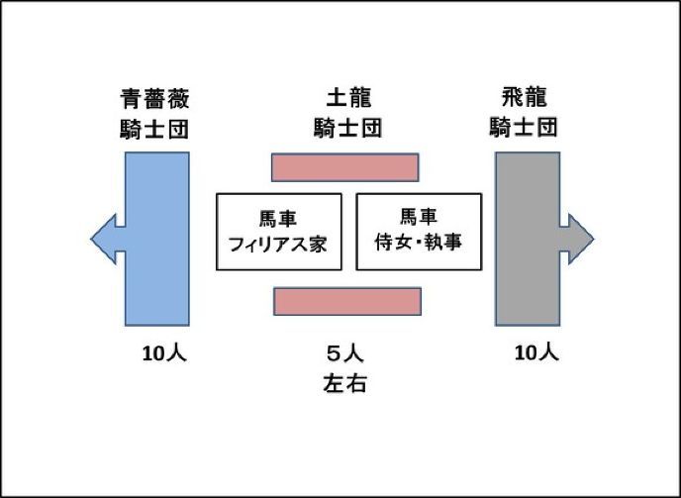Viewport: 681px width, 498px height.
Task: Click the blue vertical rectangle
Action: (x=157, y=238)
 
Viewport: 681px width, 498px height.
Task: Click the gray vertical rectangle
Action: (x=528, y=238)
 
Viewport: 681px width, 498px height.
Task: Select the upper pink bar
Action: (x=344, y=167)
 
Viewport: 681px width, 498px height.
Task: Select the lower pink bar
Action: (x=347, y=301)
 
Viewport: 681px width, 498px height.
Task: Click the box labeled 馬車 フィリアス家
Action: (x=278, y=232)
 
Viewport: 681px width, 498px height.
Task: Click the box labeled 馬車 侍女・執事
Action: (x=418, y=232)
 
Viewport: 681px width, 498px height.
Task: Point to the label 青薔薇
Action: (x=154, y=99)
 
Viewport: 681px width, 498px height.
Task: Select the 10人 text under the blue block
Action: (x=164, y=353)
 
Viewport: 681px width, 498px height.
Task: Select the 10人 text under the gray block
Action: (x=536, y=351)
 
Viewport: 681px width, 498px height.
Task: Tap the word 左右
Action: (x=344, y=383)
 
